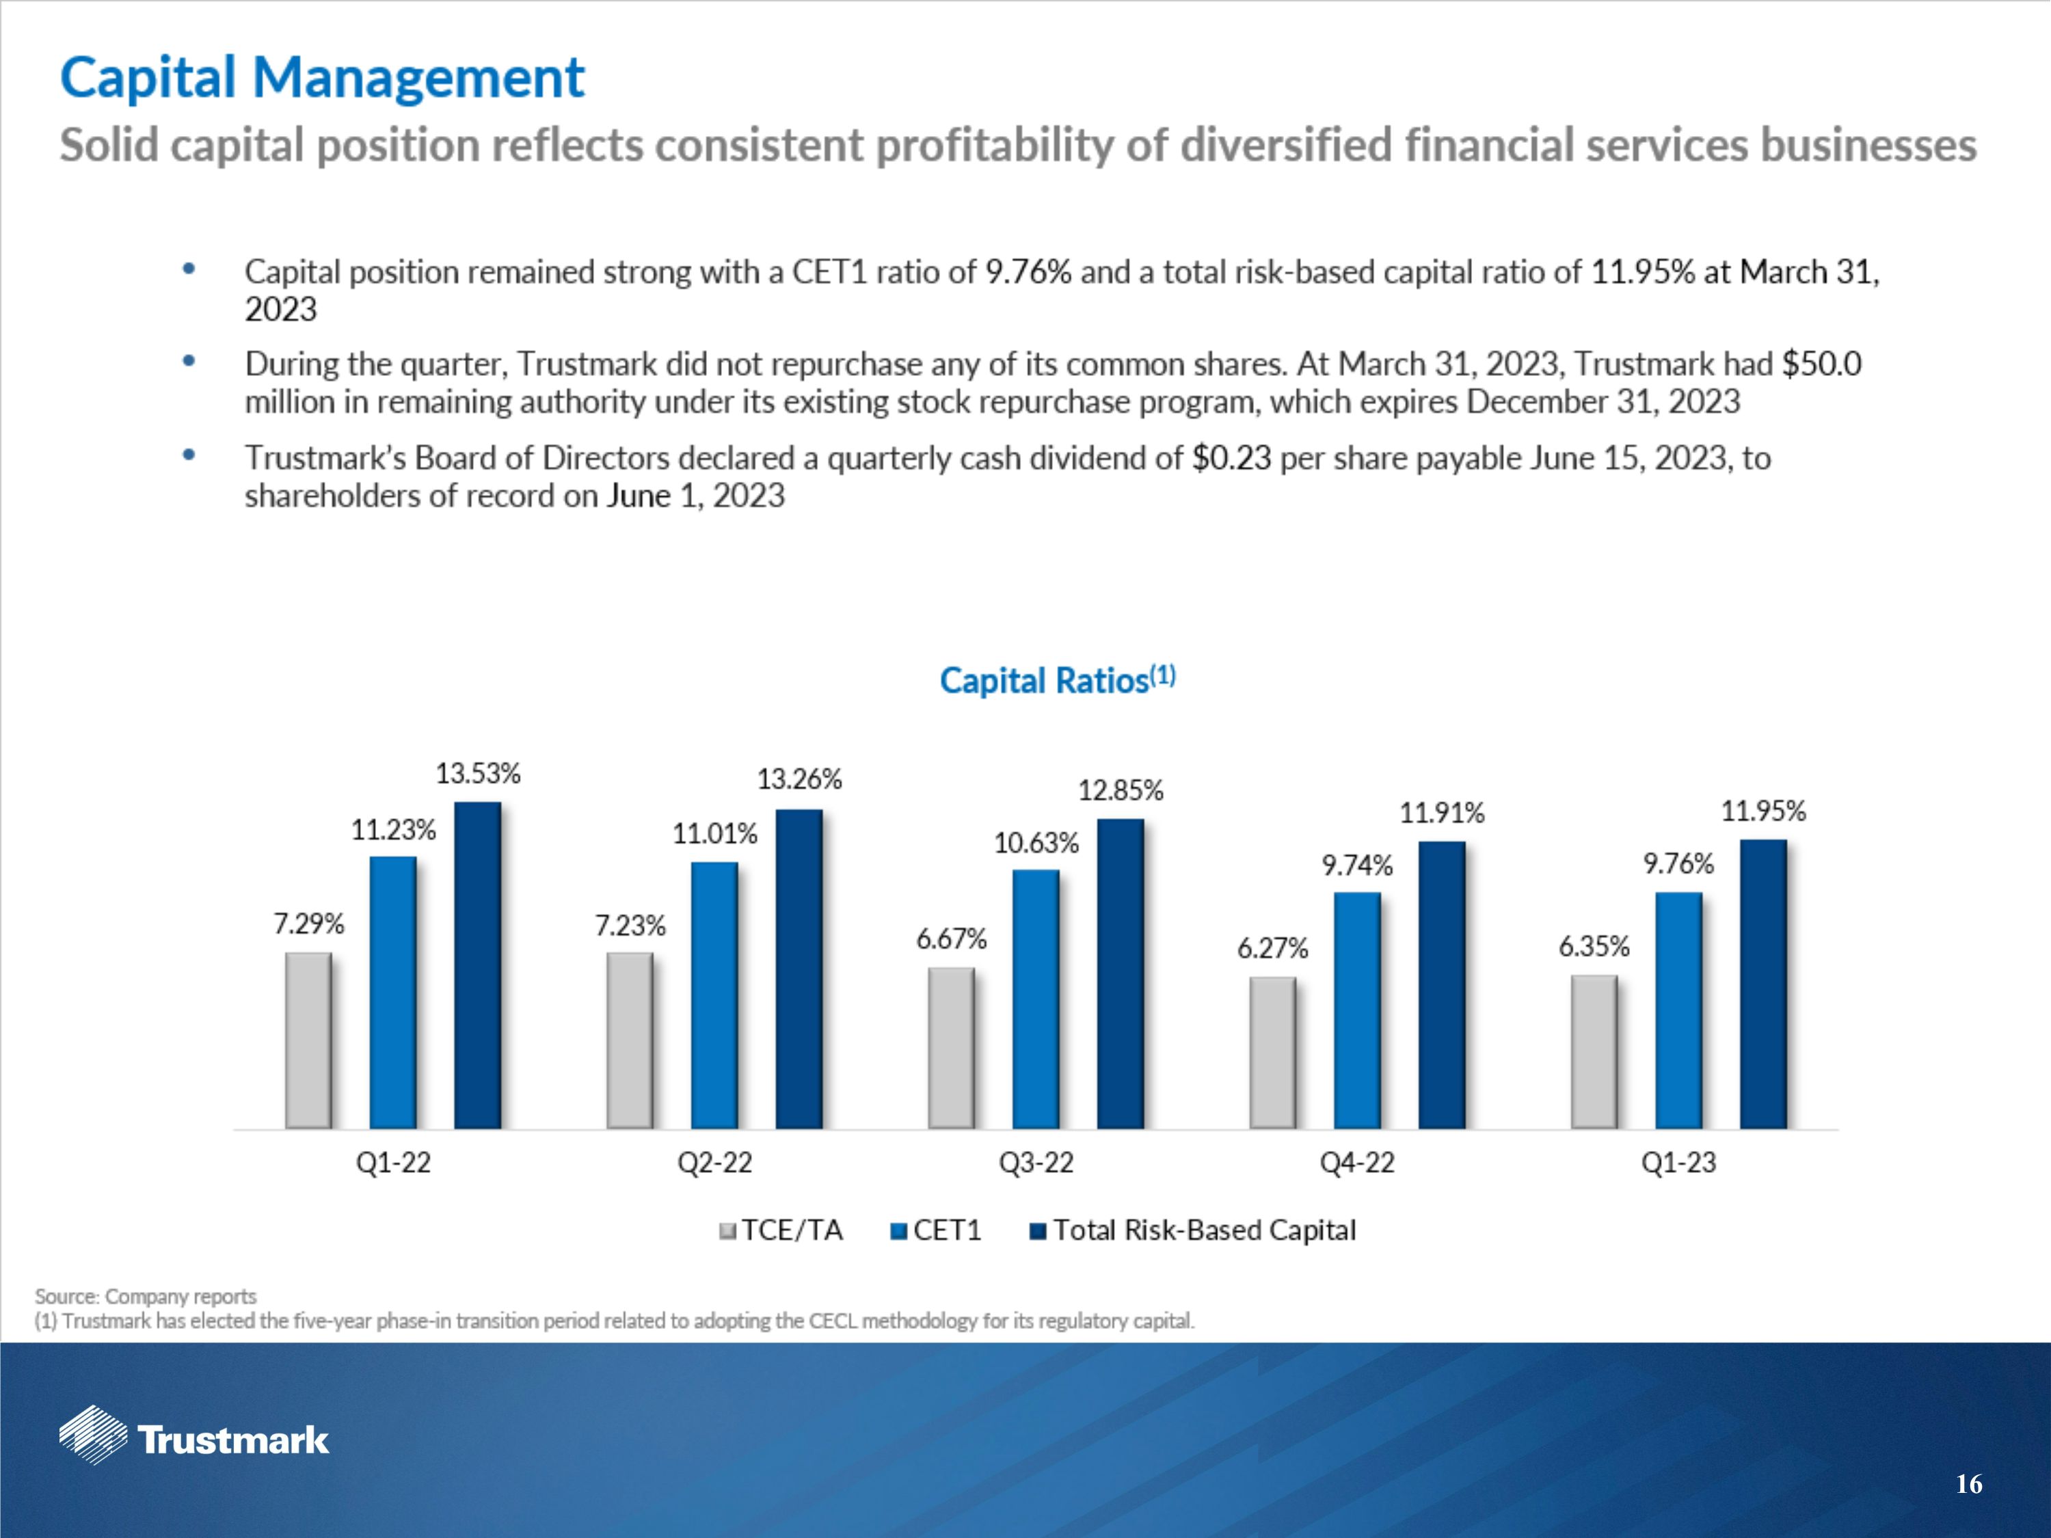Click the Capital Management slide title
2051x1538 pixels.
click(322, 77)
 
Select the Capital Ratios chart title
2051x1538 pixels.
click(1056, 680)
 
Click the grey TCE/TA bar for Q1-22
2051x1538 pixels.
click(308, 1040)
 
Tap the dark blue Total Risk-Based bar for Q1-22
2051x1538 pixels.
click(477, 964)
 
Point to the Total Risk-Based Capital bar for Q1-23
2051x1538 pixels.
click(1762, 984)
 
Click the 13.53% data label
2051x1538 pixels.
click(479, 773)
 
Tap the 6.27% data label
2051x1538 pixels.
click(1272, 948)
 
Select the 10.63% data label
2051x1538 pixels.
click(1036, 843)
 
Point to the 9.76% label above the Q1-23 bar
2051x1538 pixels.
click(1678, 864)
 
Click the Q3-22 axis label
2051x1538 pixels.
click(1036, 1163)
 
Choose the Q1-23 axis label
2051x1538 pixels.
click(1678, 1163)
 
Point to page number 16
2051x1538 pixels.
click(1968, 1484)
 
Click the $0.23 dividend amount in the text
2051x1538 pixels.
click(1231, 458)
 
